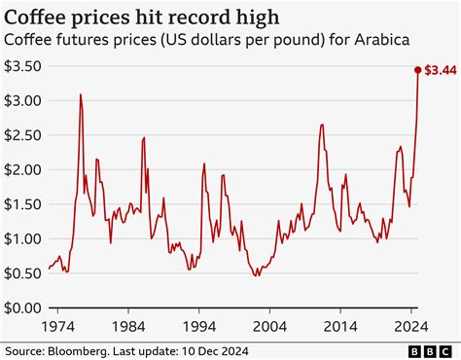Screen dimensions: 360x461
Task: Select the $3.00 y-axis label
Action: pyautogui.click(x=22, y=101)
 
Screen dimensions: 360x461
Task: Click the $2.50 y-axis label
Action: pyautogui.click(x=22, y=135)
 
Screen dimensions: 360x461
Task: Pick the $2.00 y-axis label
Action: pyautogui.click(x=22, y=170)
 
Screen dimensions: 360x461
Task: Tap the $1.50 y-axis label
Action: pyautogui.click(x=22, y=204)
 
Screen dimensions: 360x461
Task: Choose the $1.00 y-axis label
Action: pyautogui.click(x=22, y=239)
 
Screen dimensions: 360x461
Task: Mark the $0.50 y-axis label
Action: pyautogui.click(x=22, y=273)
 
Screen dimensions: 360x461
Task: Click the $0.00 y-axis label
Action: pyautogui.click(x=22, y=308)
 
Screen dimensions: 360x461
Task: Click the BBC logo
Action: pyautogui.click(x=435, y=350)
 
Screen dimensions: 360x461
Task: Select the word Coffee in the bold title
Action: pyautogui.click(x=37, y=16)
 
